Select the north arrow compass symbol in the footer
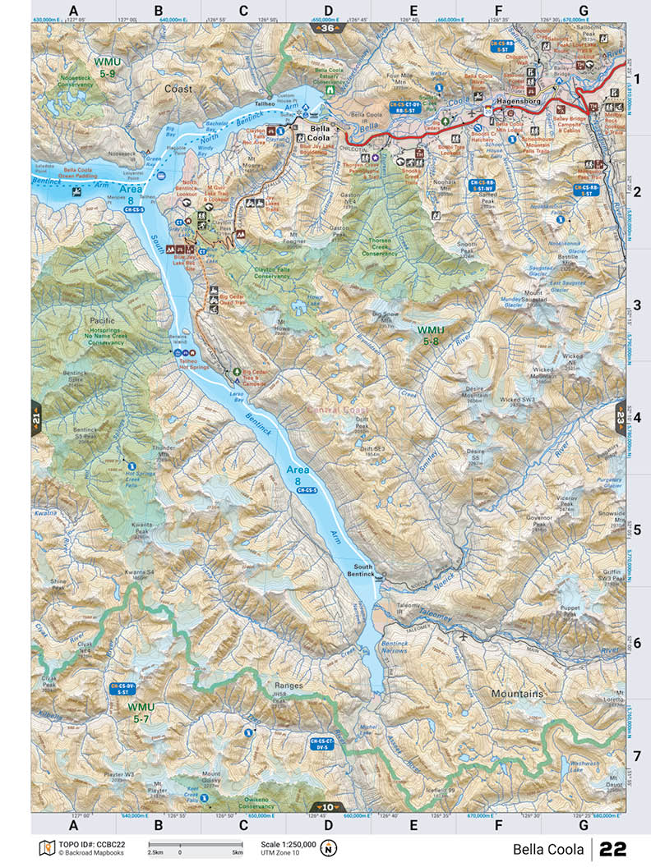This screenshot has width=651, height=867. point(329,847)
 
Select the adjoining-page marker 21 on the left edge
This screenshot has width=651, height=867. point(36,418)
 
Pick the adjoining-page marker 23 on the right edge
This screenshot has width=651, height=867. point(620,418)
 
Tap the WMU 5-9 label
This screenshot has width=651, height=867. point(109,67)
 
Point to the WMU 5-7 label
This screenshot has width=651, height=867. point(141,712)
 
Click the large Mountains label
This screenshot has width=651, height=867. point(517,694)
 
